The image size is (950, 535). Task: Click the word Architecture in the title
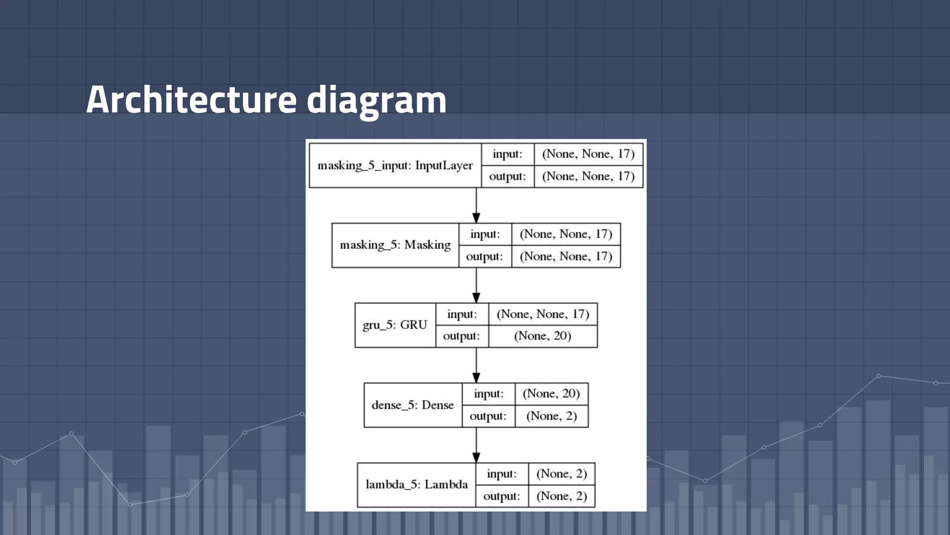click(191, 99)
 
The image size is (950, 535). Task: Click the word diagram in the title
click(376, 99)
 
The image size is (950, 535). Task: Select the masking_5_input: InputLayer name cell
click(395, 165)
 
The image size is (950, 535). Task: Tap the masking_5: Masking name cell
click(395, 245)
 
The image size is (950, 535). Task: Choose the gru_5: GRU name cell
click(395, 325)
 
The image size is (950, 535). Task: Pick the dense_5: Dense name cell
click(413, 405)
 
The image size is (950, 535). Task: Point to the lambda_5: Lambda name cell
click(417, 485)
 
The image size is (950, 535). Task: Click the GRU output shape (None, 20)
click(543, 336)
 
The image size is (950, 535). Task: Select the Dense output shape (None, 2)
click(552, 416)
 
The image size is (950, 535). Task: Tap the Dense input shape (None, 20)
click(552, 394)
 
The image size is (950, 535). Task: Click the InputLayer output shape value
click(588, 176)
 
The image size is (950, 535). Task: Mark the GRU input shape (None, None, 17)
click(543, 314)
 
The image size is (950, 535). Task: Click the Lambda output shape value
click(562, 496)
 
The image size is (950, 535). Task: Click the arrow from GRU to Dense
click(476, 365)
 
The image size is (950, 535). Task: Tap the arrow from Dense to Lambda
click(476, 445)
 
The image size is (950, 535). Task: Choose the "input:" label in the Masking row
click(485, 234)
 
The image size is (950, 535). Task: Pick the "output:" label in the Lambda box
click(501, 496)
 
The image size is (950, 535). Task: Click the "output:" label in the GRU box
click(462, 336)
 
